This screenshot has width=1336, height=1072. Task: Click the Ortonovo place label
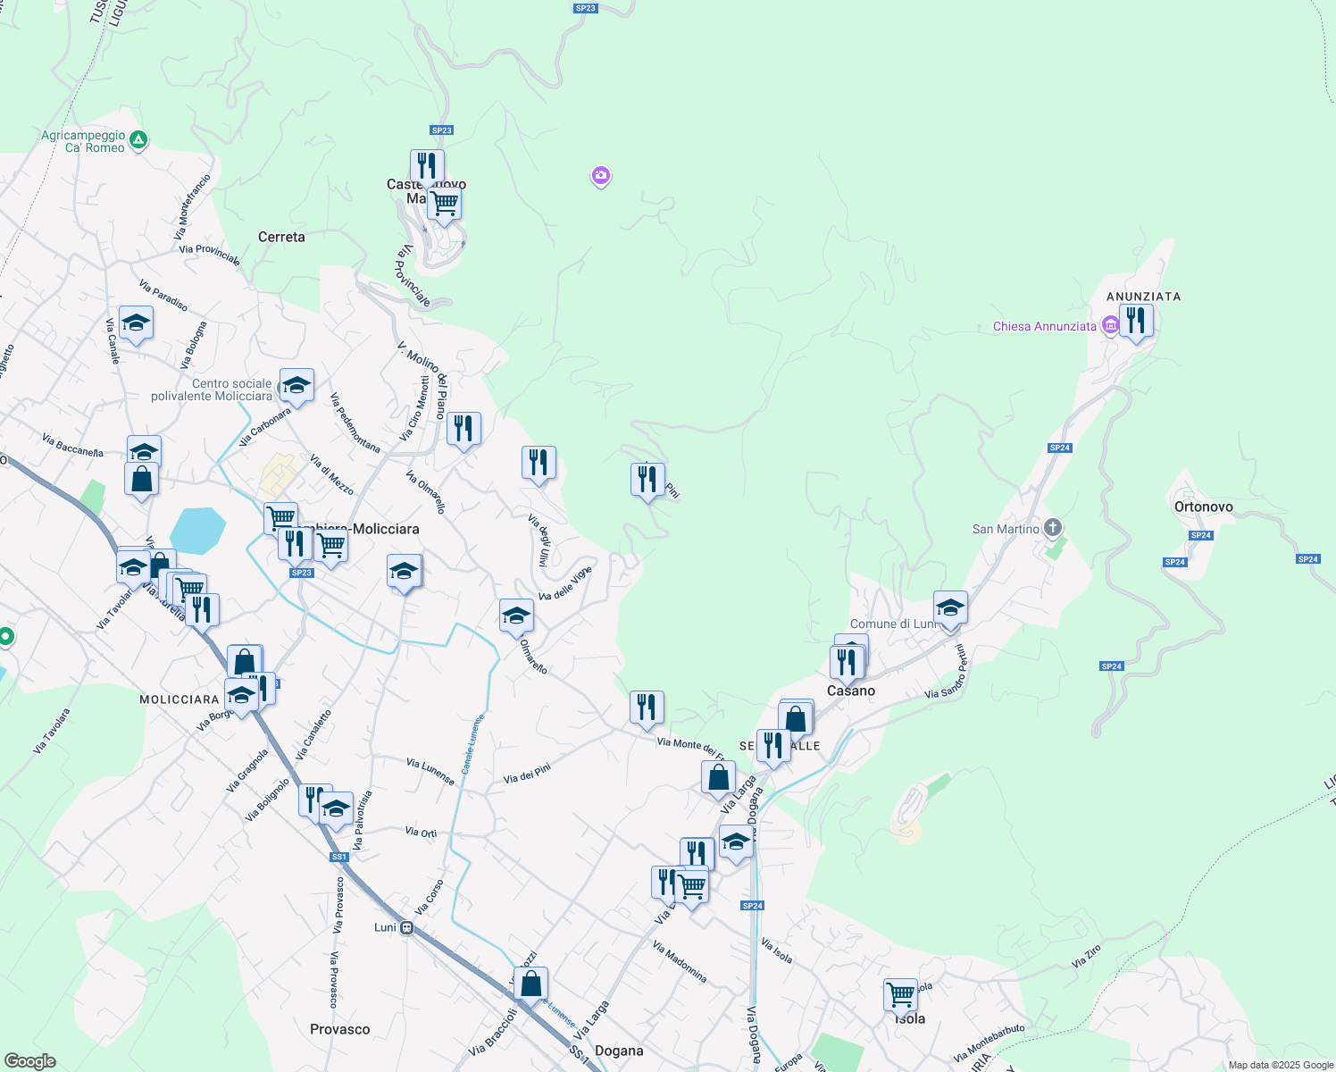pyautogui.click(x=1203, y=507)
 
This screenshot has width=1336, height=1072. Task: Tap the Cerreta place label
pyautogui.click(x=281, y=237)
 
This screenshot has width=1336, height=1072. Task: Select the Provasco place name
pyautogui.click(x=339, y=1029)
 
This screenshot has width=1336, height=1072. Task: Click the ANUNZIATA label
pyautogui.click(x=1143, y=297)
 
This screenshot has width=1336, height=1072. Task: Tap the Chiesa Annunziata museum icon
pyautogui.click(x=1110, y=326)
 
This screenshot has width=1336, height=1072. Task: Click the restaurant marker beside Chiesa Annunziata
pyautogui.click(x=1135, y=321)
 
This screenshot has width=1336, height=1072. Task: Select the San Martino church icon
pyautogui.click(x=1053, y=528)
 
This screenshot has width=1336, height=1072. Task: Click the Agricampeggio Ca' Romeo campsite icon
pyautogui.click(x=138, y=140)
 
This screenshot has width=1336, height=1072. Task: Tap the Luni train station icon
pyautogui.click(x=406, y=927)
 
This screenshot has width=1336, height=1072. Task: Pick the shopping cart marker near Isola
pyautogui.click(x=900, y=993)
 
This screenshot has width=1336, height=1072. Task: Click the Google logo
pyautogui.click(x=29, y=1061)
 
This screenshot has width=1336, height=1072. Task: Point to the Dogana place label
pyautogui.click(x=619, y=1051)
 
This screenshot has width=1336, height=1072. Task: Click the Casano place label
pyautogui.click(x=850, y=691)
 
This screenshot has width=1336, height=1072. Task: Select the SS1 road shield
pyautogui.click(x=338, y=857)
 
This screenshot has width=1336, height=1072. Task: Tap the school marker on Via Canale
pyautogui.click(x=136, y=323)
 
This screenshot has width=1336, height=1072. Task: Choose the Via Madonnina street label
pyautogui.click(x=680, y=962)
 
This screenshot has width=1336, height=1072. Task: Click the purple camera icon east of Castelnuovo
pyautogui.click(x=601, y=176)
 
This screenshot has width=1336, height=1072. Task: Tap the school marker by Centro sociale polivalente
pyautogui.click(x=296, y=386)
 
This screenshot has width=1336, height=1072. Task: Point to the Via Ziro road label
pyautogui.click(x=1086, y=957)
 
